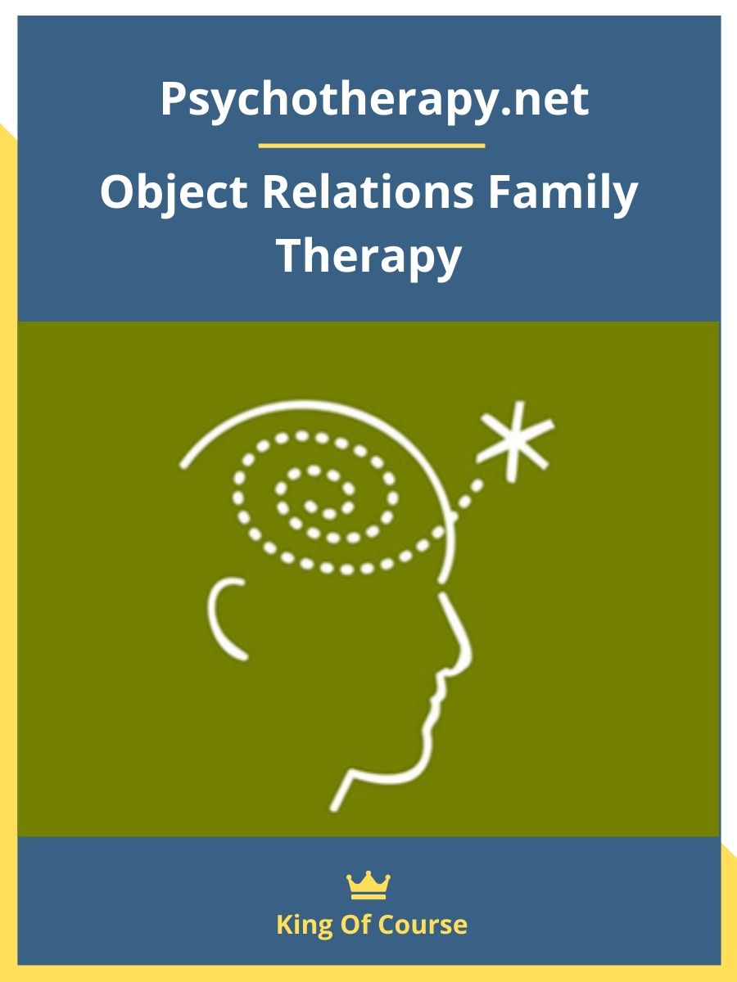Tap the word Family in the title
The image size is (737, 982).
563,194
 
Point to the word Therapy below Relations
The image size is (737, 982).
369,258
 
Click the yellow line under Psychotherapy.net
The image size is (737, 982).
372,146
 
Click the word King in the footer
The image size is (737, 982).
305,926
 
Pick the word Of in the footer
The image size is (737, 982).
358,924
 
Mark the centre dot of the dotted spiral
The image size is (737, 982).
310,506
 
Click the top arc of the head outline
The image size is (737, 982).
314,404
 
